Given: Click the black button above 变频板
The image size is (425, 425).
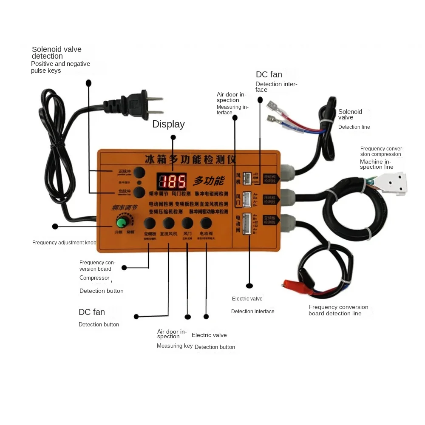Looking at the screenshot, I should click(x=149, y=223).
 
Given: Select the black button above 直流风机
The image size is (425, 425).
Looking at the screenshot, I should click(x=168, y=223).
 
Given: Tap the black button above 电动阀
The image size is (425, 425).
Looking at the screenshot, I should click(x=206, y=223).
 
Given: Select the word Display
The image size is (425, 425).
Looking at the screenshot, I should click(x=168, y=124).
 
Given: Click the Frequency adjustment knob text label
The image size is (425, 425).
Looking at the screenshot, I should click(x=64, y=243).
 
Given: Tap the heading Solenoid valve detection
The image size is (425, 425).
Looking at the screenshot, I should click(x=57, y=53).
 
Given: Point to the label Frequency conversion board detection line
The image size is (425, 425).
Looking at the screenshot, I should click(x=338, y=310).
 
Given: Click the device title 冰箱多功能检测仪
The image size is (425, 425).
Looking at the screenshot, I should click(x=190, y=160).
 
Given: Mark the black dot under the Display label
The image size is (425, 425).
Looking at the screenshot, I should click(x=173, y=137).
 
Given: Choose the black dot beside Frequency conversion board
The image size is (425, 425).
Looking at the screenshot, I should click(x=124, y=268).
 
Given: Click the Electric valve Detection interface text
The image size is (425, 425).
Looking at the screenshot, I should click(x=252, y=305).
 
